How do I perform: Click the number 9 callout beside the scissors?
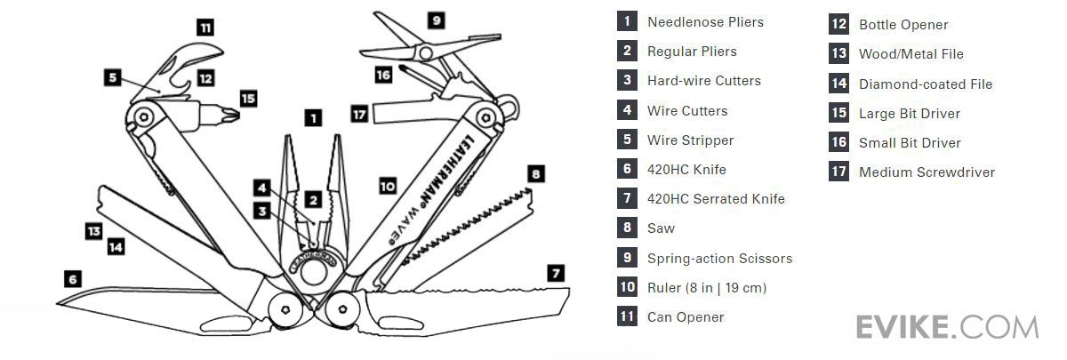coord(436,20)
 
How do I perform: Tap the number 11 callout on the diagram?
coord(205,28)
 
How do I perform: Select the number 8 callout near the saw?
coord(534,174)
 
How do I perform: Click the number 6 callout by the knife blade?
coord(74,278)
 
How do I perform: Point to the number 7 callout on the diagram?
coord(556,273)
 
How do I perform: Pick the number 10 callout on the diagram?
coord(387,186)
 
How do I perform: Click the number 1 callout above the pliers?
coord(312,116)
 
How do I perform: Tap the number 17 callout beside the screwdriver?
coord(359,114)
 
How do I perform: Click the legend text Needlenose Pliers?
coord(704,22)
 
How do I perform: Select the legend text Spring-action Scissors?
coord(718,259)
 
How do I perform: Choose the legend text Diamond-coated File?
coord(925,84)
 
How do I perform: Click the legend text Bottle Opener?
coord(903,25)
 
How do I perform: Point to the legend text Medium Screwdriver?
coord(926,172)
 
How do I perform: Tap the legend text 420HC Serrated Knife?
coord(716,199)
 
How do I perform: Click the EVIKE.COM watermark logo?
coord(946,326)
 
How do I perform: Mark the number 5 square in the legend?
coord(628,140)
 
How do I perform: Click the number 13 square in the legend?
coord(838,54)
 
